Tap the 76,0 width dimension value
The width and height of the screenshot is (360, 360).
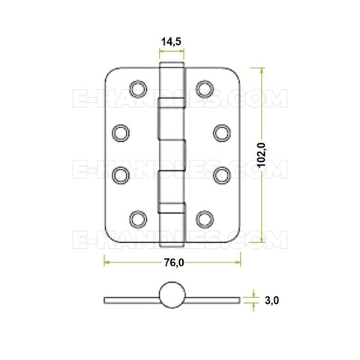click(x=173, y=262)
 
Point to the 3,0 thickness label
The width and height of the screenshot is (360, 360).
click(x=271, y=300)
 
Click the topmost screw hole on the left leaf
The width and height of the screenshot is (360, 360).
click(x=137, y=88)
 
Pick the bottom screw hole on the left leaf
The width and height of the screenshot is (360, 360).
click(x=137, y=219)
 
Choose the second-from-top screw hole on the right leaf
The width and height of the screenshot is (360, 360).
click(x=222, y=133)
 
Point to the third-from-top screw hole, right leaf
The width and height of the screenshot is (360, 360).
click(x=222, y=174)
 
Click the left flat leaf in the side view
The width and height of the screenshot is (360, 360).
click(x=131, y=300)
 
